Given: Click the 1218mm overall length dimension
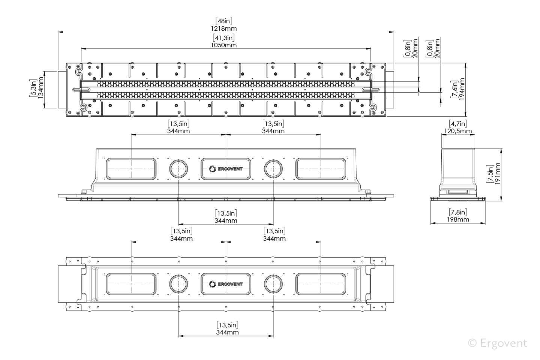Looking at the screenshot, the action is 224,29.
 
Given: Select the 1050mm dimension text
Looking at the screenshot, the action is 224,45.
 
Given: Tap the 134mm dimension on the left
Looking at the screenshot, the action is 41,87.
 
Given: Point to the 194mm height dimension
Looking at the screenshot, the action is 461,89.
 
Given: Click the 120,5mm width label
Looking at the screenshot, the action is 458,131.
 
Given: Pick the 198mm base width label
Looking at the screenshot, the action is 458,220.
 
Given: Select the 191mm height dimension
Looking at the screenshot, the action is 497,174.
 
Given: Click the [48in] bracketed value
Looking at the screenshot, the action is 224,21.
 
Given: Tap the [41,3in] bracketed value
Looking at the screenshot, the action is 224,37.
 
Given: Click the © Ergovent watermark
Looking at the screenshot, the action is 498,343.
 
